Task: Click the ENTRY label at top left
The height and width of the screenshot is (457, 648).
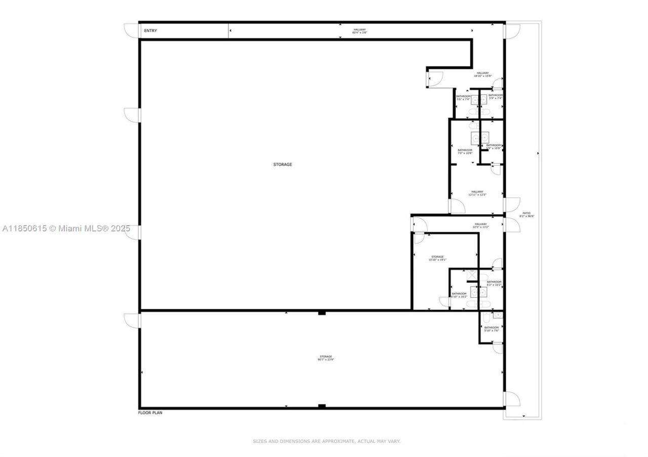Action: pyautogui.click(x=150, y=31)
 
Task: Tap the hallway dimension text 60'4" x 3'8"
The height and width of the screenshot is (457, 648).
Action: pyautogui.click(x=359, y=33)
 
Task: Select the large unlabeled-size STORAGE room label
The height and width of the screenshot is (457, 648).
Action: pyautogui.click(x=282, y=164)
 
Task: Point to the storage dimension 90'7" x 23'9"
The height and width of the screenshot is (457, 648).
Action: pyautogui.click(x=326, y=359)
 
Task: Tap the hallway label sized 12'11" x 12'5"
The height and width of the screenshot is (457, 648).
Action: pyautogui.click(x=477, y=192)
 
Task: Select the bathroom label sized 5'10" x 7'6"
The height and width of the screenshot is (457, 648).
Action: pyautogui.click(x=491, y=328)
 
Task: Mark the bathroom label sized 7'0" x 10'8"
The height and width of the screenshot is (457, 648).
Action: pyautogui.click(x=465, y=150)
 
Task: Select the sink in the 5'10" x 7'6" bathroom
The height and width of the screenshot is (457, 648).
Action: pyautogui.click(x=498, y=315)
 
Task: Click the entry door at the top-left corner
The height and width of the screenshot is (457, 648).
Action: pyautogui.click(x=133, y=30)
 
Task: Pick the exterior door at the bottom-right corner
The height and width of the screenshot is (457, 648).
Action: pyautogui.click(x=511, y=399)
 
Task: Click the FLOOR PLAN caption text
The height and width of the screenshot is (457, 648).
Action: pyautogui.click(x=150, y=413)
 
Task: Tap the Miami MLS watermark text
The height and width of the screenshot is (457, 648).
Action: pyautogui.click(x=66, y=229)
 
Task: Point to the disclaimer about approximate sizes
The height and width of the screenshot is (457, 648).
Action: pyautogui.click(x=327, y=441)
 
